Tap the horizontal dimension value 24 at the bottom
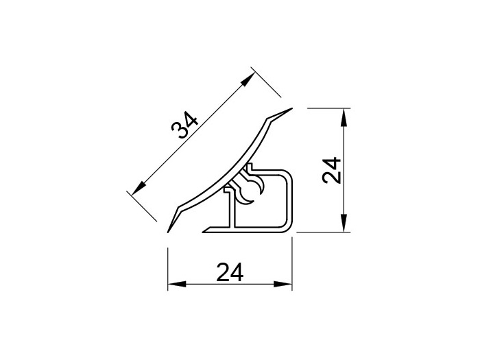coord(230,273)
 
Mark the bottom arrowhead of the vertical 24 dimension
coord(343,224)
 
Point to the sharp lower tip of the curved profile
coord(169,230)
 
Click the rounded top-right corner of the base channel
coord(288,173)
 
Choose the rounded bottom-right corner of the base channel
coord(288,227)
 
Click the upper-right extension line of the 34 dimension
coord(267,83)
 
